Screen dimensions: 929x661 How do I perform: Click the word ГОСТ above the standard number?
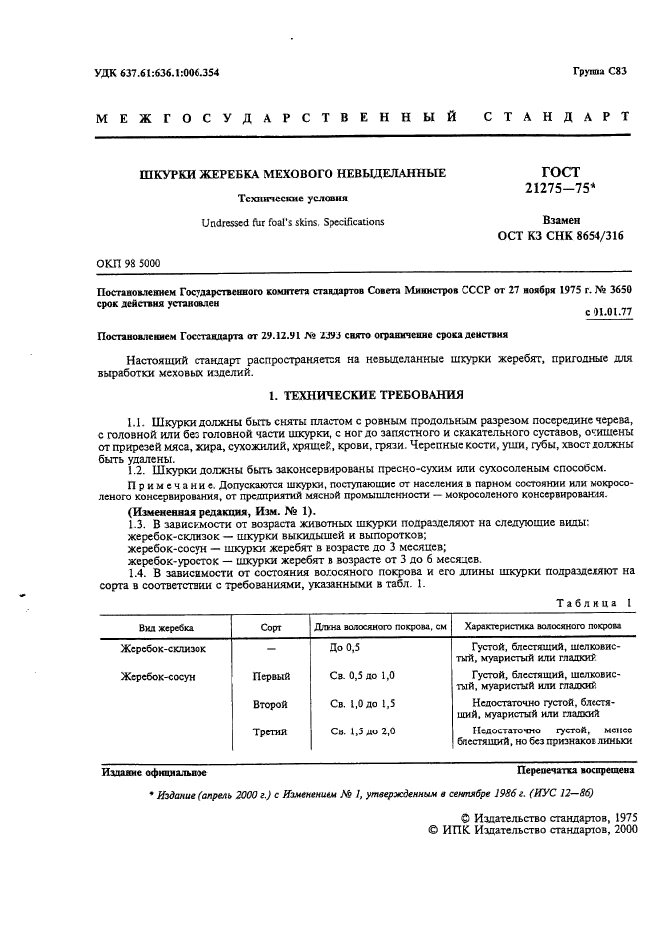tap(558, 172)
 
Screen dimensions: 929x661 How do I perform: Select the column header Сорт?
tap(270, 627)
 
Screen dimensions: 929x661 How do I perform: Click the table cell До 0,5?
tap(342, 648)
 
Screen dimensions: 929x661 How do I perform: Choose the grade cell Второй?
tap(271, 704)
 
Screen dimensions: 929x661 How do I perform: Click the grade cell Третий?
tap(271, 732)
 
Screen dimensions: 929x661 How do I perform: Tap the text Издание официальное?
tap(154, 771)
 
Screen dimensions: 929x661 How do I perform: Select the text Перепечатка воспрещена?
tap(576, 770)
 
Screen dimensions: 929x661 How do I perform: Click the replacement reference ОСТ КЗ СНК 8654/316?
tap(562, 238)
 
